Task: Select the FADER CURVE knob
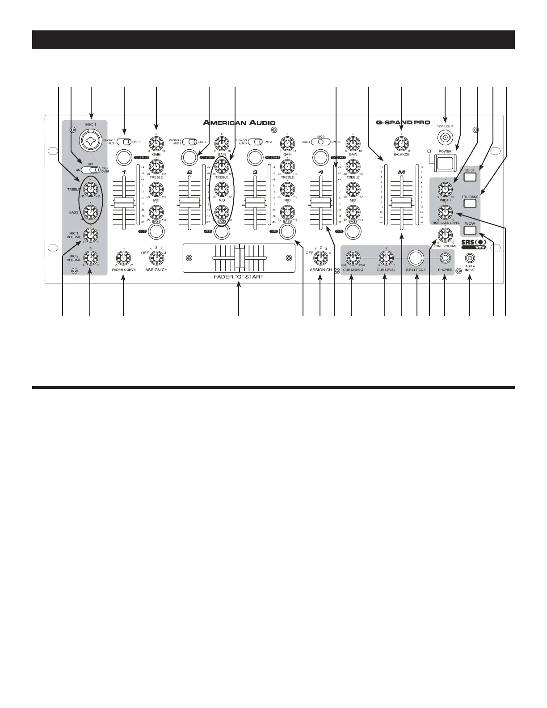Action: [124, 257]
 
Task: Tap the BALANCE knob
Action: [401, 143]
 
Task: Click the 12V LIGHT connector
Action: [445, 139]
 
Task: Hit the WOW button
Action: [469, 231]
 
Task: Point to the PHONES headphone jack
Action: [445, 258]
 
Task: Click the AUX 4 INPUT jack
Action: [470, 258]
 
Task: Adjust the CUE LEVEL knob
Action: [385, 257]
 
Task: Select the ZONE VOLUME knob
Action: [444, 233]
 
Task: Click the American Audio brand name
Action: [239, 122]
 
